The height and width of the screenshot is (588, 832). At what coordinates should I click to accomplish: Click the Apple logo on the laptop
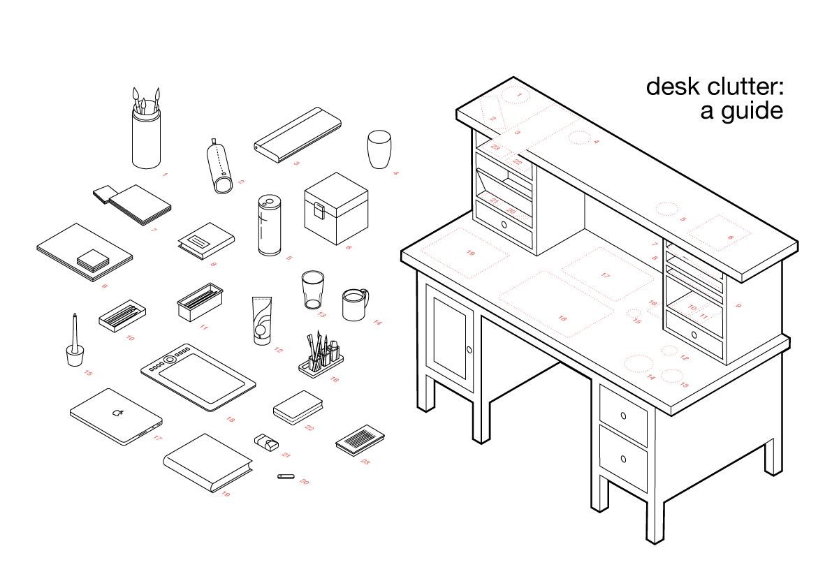click(x=118, y=413)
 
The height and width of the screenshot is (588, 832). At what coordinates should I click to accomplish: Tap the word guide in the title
click(x=752, y=112)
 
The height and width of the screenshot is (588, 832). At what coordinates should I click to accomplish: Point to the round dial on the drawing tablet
click(x=169, y=359)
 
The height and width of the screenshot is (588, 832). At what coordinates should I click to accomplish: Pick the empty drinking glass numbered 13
click(x=312, y=290)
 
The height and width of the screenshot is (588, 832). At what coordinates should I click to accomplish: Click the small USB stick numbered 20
click(x=286, y=477)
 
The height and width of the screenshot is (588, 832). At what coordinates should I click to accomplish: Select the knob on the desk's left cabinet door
click(x=469, y=350)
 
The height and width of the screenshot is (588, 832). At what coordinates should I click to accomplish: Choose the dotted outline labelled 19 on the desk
click(x=465, y=252)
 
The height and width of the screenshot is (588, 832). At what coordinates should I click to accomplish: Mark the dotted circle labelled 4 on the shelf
click(x=579, y=138)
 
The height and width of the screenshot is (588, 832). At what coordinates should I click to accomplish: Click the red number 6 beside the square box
click(x=349, y=247)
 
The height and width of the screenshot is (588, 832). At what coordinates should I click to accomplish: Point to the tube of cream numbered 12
click(x=261, y=321)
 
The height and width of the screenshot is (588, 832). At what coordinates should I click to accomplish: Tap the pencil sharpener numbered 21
click(x=266, y=441)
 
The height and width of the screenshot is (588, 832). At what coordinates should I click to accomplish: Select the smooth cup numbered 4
click(x=379, y=149)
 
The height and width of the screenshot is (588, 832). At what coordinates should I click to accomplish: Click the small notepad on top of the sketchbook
click(x=93, y=260)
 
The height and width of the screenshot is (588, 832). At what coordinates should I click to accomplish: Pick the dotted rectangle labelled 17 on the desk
click(x=608, y=274)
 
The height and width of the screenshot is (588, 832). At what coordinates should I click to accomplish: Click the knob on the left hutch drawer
click(x=504, y=225)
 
